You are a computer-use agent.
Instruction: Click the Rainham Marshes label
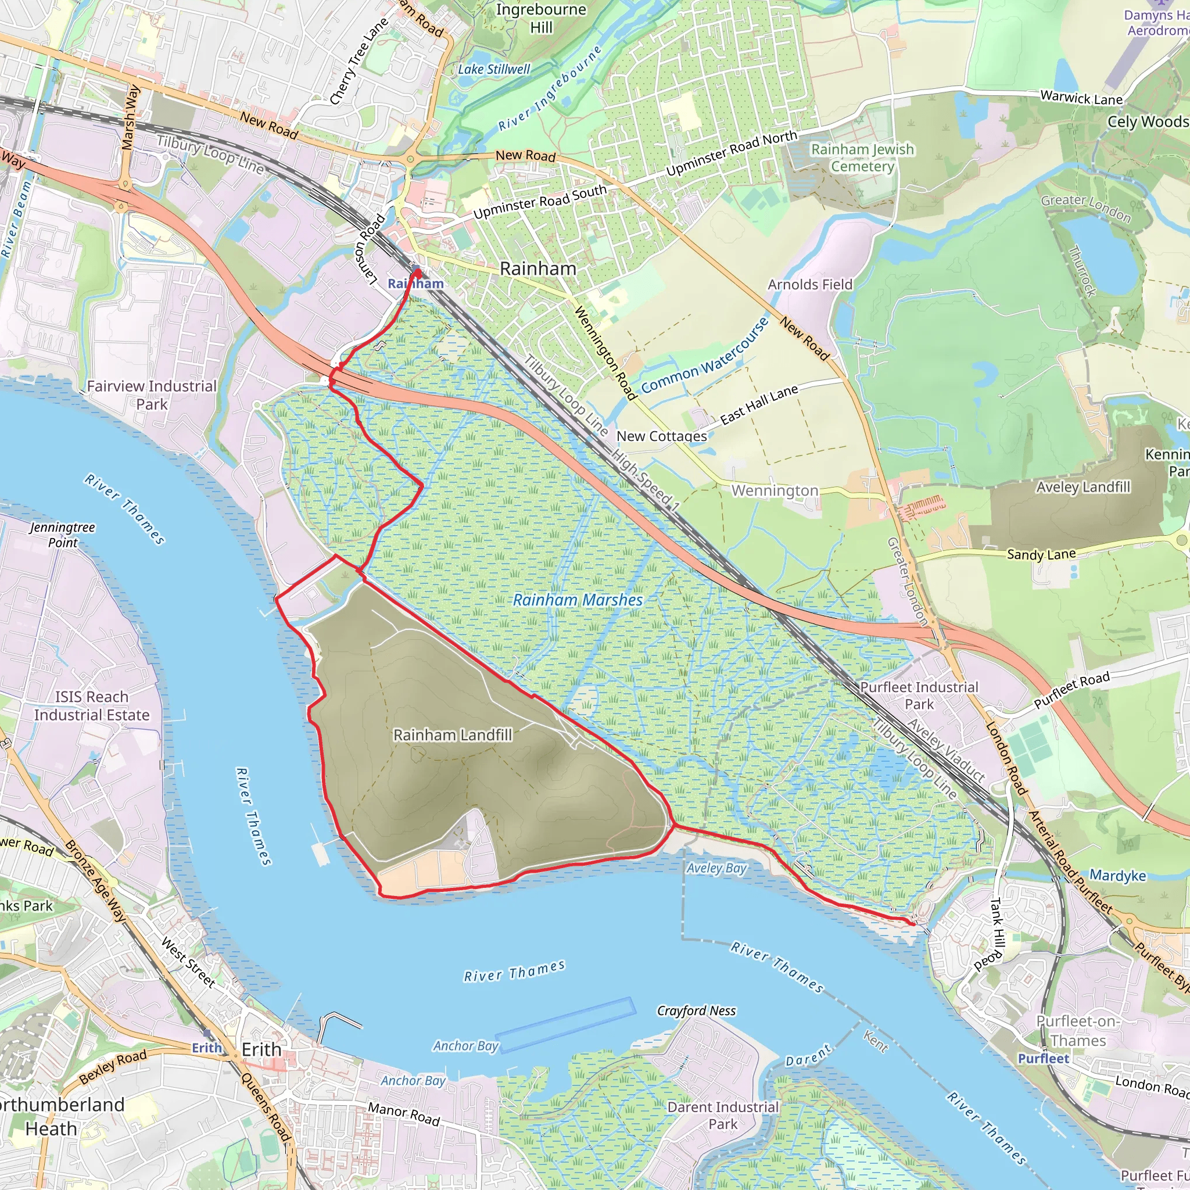tap(578, 600)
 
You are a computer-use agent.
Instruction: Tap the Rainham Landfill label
tap(453, 735)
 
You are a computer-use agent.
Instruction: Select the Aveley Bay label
tap(716, 868)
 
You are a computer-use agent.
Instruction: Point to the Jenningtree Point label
tap(62, 535)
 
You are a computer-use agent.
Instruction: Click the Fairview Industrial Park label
tap(152, 395)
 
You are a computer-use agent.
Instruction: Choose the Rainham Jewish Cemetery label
tap(862, 157)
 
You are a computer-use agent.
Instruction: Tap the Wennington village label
tap(775, 490)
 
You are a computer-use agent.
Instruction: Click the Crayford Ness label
tap(696, 1011)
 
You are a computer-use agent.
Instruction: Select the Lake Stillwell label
tap(493, 70)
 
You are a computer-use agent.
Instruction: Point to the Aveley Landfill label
tap(1083, 487)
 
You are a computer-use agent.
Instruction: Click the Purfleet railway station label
tap(1044, 1058)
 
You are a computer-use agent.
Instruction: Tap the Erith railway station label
tap(207, 1047)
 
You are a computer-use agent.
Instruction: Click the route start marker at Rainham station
tap(417, 271)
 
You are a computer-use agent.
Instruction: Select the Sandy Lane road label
tap(1041, 554)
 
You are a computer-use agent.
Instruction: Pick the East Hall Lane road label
tap(759, 404)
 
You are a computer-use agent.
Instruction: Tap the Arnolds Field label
tap(809, 285)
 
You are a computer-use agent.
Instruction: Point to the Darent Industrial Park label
tap(723, 1116)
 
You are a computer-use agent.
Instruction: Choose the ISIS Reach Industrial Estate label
tap(92, 706)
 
